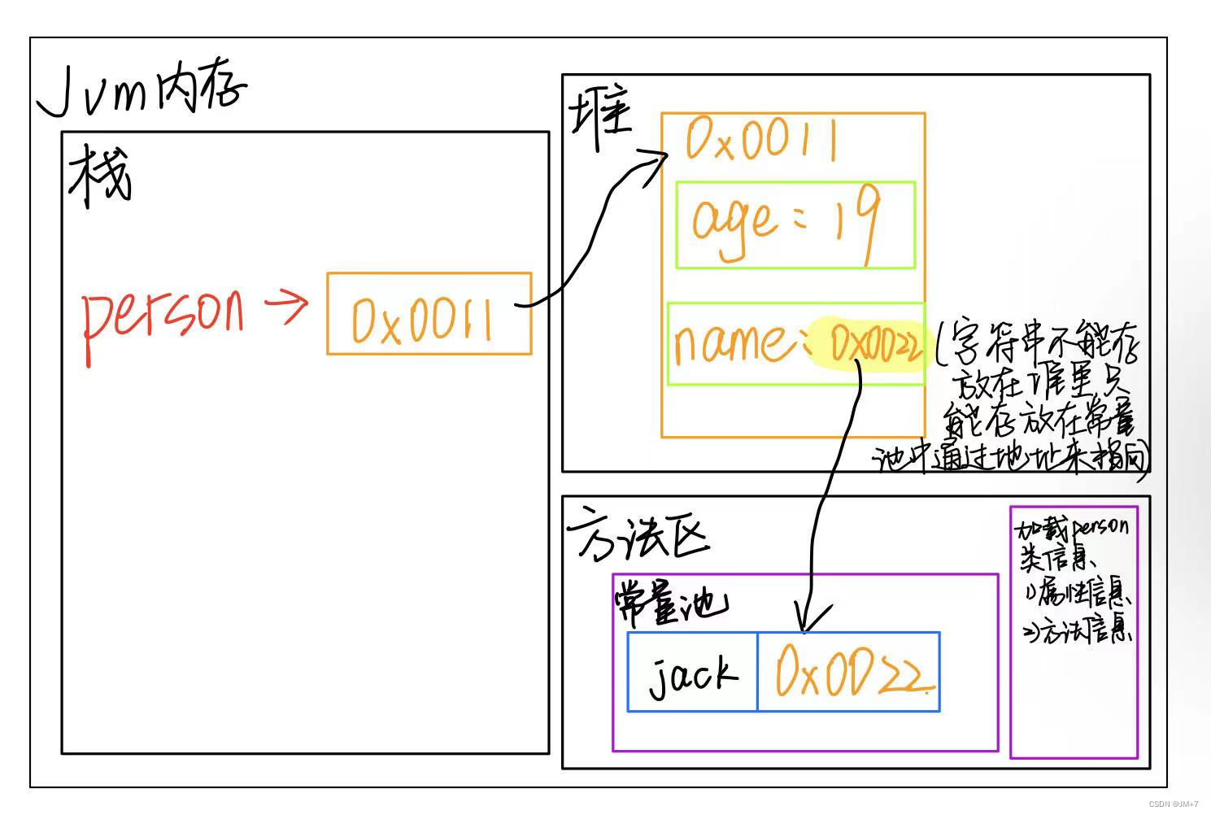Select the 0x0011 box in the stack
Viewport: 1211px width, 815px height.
(x=429, y=314)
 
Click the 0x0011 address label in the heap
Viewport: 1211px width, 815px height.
(x=761, y=141)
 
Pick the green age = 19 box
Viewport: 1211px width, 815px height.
(x=795, y=225)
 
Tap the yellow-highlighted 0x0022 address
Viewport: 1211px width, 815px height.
(x=874, y=344)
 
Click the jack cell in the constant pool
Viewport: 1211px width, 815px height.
(x=692, y=673)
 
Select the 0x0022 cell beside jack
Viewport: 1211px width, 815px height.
(x=848, y=672)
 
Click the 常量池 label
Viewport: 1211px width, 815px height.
(x=670, y=602)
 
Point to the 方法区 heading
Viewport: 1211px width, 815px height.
(x=638, y=534)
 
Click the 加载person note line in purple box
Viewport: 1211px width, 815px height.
(x=1072, y=529)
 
